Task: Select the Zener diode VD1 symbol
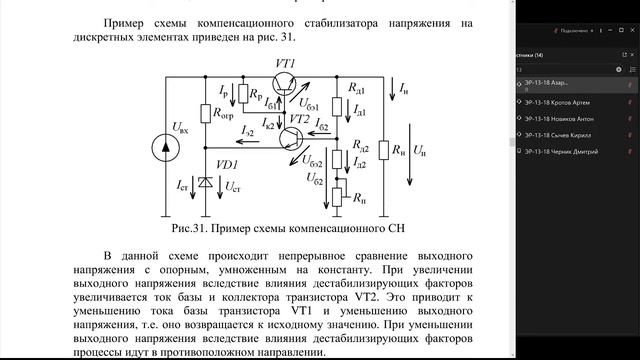tap(205, 182)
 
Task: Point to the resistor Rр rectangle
tap(241, 97)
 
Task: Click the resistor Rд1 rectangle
tap(338, 99)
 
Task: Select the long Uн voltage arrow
tap(411, 150)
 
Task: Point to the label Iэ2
tap(247, 131)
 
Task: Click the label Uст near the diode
tap(232, 186)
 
